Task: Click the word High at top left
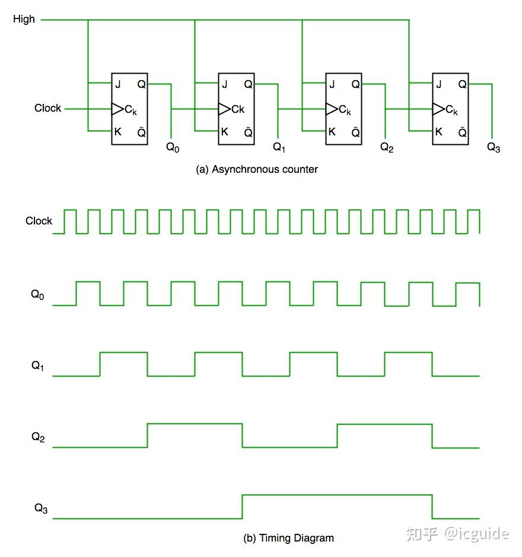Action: click(24, 19)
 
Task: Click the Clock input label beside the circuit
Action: click(47, 108)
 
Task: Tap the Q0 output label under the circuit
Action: click(173, 147)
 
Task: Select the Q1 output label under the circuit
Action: click(279, 147)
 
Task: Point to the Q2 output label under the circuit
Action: click(387, 147)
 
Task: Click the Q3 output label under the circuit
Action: click(494, 147)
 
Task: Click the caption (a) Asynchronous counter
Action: click(257, 169)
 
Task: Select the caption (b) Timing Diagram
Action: click(288, 538)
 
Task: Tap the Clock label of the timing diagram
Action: click(39, 221)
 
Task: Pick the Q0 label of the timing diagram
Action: click(37, 295)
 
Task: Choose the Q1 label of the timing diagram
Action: click(37, 366)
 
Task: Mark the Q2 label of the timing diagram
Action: click(38, 437)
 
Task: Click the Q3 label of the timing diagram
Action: click(41, 508)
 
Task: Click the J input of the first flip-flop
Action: click(118, 84)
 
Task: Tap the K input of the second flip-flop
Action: click(225, 132)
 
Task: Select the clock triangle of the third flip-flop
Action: click(332, 109)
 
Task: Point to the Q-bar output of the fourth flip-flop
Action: click(462, 132)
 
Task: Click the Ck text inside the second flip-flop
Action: click(238, 109)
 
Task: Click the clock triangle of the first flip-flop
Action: click(117, 109)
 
